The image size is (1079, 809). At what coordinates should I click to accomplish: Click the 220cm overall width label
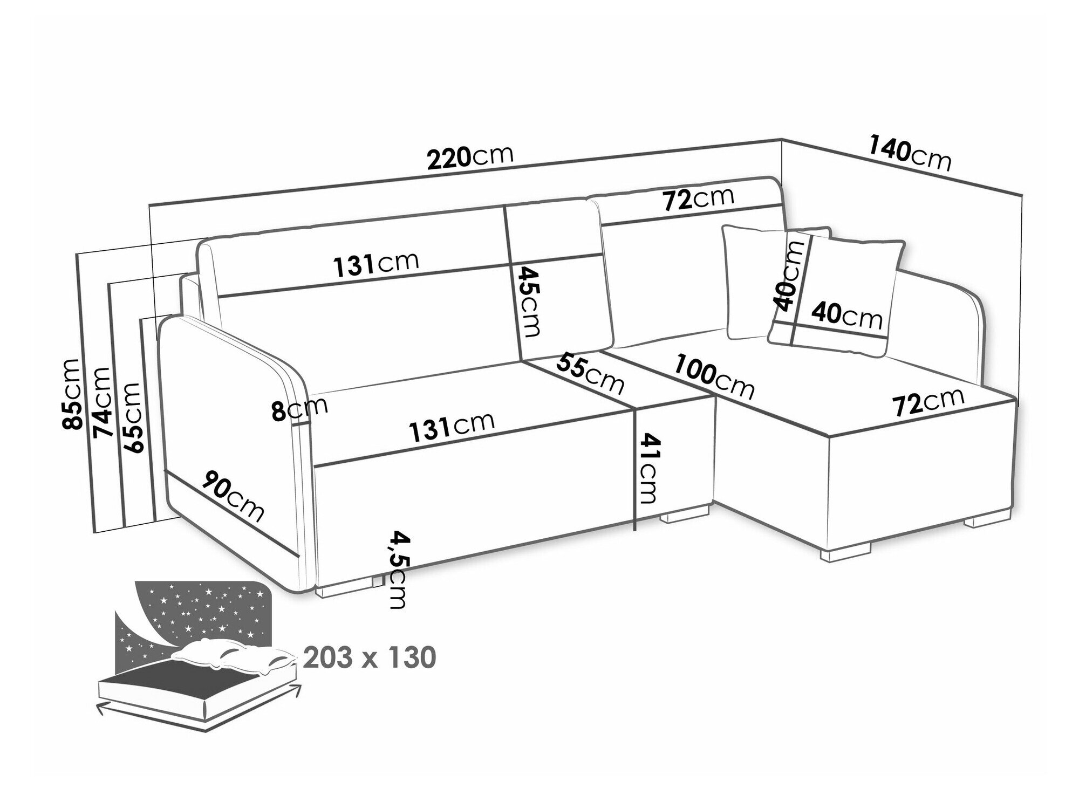[469, 157]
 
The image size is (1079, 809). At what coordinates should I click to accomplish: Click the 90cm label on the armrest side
[233, 495]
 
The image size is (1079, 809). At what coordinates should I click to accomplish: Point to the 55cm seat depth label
[590, 372]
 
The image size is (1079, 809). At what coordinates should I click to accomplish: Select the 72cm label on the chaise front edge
[928, 401]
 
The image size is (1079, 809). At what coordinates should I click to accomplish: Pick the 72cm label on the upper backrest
[698, 200]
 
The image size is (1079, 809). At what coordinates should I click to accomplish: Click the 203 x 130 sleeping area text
[370, 657]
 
